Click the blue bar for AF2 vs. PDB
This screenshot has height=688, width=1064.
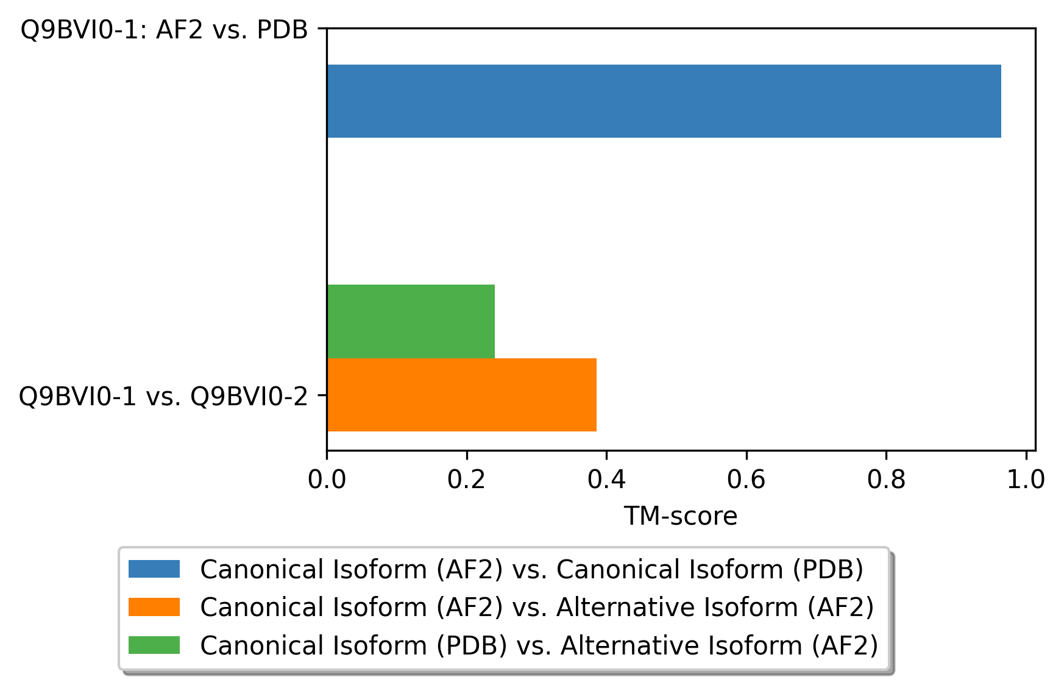[x=664, y=101]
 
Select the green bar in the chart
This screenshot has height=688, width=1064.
[x=411, y=321]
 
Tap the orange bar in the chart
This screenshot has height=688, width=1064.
[x=461, y=395]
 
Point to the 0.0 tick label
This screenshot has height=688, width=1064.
[x=327, y=480]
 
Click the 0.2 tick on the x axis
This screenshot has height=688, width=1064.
[x=467, y=480]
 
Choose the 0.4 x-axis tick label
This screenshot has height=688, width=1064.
[x=606, y=480]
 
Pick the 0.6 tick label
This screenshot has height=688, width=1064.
[x=747, y=480]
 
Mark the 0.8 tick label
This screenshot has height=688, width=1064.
[x=886, y=480]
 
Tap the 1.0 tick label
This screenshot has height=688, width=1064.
[x=1026, y=480]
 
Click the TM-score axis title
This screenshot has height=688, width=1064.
[x=680, y=517]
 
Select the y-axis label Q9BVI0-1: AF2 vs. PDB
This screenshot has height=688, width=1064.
[x=164, y=30]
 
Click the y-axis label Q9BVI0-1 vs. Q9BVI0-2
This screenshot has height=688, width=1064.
[x=163, y=397]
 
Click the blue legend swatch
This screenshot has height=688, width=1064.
[x=154, y=569]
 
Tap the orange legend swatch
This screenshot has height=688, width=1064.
[x=154, y=607]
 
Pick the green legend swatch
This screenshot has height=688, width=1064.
[x=154, y=645]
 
